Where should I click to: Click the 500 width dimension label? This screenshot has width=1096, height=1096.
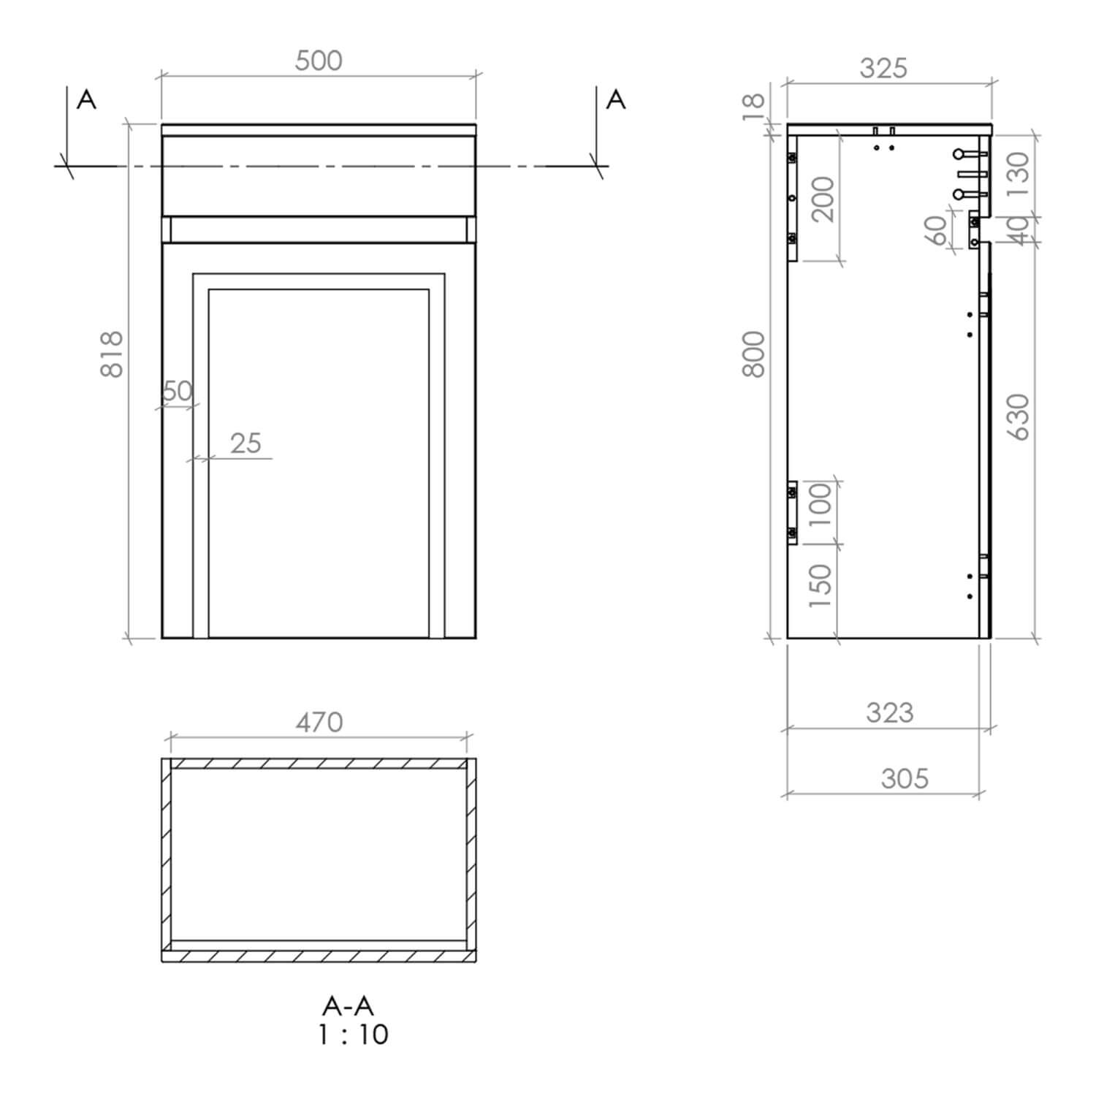pos(319,61)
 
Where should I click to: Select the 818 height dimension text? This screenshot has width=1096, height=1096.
pos(112,354)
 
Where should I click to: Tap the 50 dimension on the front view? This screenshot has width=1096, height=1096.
pos(177,392)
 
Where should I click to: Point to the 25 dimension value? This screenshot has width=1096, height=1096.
pos(246,443)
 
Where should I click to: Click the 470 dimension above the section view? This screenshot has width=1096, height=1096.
pos(319,722)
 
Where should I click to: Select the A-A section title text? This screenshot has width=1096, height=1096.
pos(348,1006)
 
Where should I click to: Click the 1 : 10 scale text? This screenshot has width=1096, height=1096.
pos(354,1035)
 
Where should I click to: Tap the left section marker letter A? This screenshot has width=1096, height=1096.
pos(86,99)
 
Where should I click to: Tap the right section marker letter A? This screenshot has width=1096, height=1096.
pos(616,99)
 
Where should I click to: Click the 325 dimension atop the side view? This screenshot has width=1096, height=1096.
pos(883,68)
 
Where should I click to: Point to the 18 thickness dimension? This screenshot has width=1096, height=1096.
pos(753,106)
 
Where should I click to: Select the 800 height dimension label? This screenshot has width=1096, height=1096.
pos(753,354)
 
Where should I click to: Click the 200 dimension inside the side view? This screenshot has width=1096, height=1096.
pos(823,199)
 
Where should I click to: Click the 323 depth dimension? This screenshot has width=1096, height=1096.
pos(889,712)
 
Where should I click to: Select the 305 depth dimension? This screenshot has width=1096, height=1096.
pos(905,778)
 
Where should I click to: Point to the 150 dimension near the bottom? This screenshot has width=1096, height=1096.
pos(821,586)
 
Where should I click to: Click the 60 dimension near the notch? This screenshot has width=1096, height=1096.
pos(936,231)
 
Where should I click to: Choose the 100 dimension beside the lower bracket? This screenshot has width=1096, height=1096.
pos(821,505)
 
